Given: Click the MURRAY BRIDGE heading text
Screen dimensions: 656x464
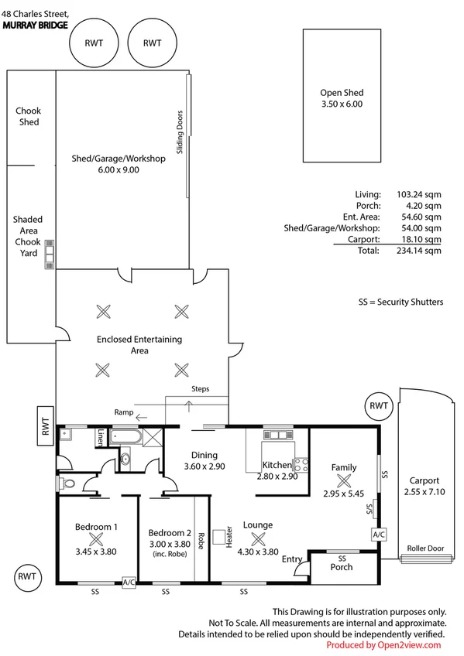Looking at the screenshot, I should (36, 25).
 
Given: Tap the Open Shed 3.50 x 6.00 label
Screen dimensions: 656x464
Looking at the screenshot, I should (342, 97).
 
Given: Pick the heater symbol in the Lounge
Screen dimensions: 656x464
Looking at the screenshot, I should (218, 535).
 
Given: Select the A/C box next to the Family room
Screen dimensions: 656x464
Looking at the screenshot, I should (380, 535).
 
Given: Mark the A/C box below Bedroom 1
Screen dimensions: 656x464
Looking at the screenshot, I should (129, 582).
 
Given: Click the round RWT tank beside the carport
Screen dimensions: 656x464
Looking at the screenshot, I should (378, 406).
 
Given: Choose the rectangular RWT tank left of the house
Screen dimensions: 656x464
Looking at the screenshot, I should (46, 426).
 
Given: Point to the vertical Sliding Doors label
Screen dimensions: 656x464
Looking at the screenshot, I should (180, 132).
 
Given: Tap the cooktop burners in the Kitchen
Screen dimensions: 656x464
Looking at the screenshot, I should (301, 465).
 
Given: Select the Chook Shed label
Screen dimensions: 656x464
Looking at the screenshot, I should (28, 117).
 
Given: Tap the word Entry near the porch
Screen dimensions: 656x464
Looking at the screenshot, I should (292, 559).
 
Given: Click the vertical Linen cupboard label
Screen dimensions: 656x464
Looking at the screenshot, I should (100, 439).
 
